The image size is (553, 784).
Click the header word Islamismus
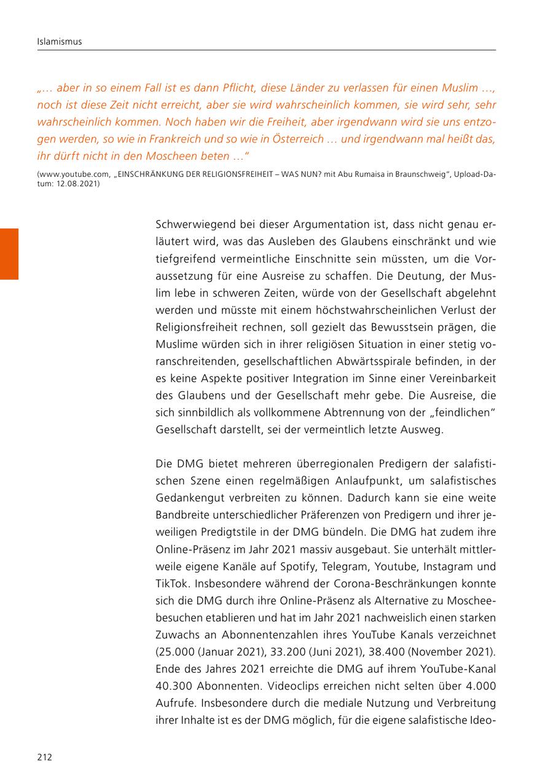[x=59, y=42]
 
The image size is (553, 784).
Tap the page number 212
[x=44, y=757]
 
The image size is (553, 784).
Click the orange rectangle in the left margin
[x=9, y=254]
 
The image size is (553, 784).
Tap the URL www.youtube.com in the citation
[x=74, y=174]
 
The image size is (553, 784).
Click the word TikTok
[x=173, y=584]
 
